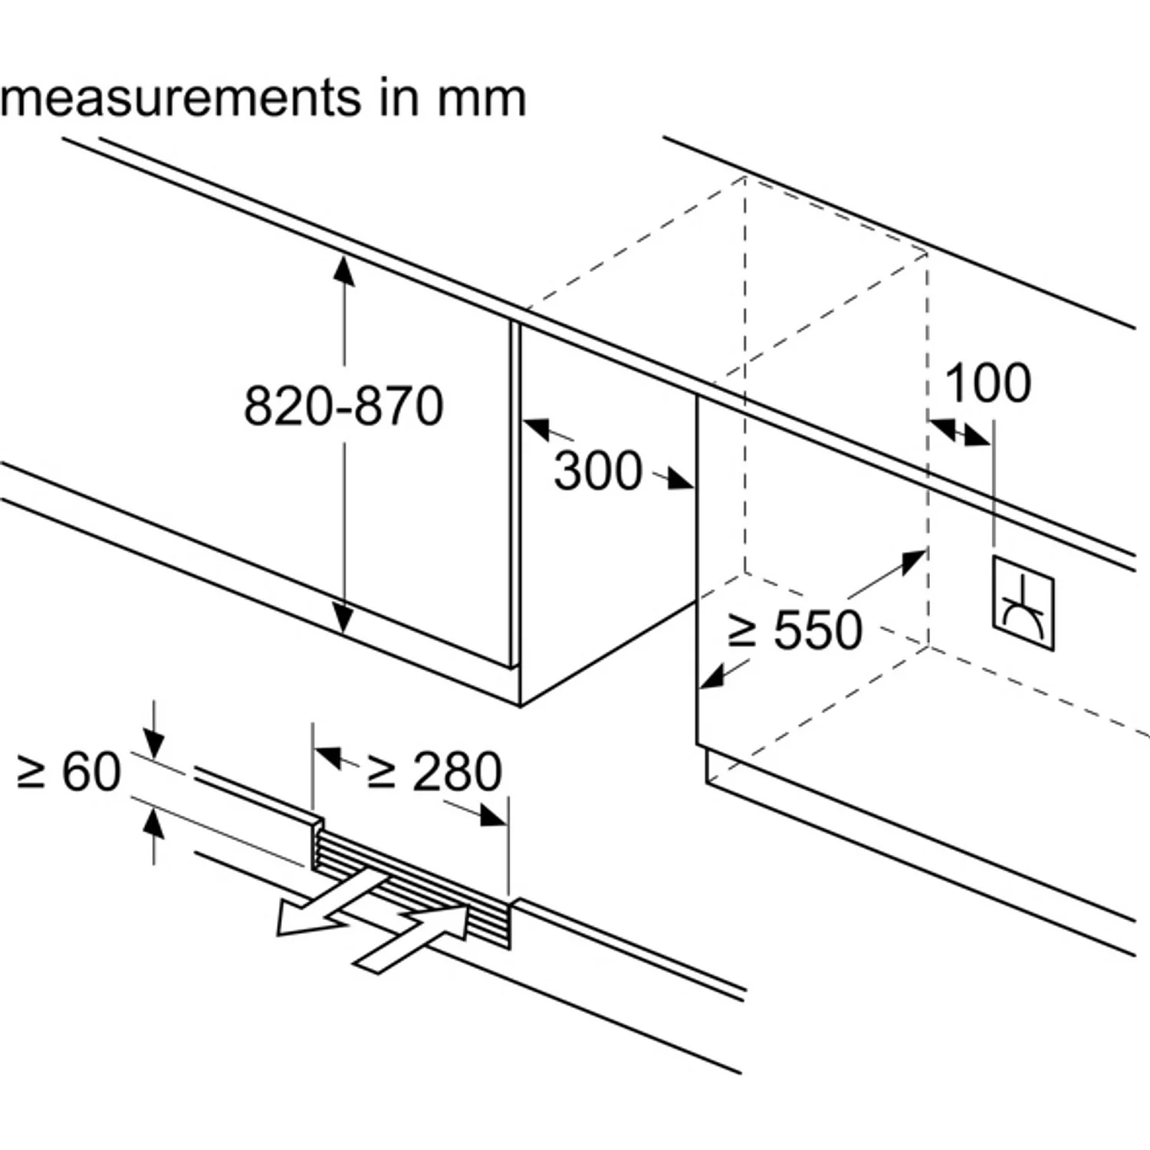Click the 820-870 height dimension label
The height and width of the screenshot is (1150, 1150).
(x=343, y=406)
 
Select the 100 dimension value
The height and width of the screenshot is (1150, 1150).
(x=987, y=383)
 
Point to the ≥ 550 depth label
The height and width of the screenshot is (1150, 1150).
(x=794, y=630)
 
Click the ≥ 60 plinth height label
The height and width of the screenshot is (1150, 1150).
(x=69, y=771)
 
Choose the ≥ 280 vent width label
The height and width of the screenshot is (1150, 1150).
(x=435, y=771)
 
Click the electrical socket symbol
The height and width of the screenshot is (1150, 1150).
(x=1023, y=603)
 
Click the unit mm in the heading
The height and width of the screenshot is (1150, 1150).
(x=481, y=100)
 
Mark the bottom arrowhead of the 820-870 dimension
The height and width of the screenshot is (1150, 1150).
(x=344, y=617)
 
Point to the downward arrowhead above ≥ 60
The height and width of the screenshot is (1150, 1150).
(x=154, y=744)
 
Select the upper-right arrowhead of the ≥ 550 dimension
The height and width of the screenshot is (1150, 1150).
(x=914, y=560)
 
